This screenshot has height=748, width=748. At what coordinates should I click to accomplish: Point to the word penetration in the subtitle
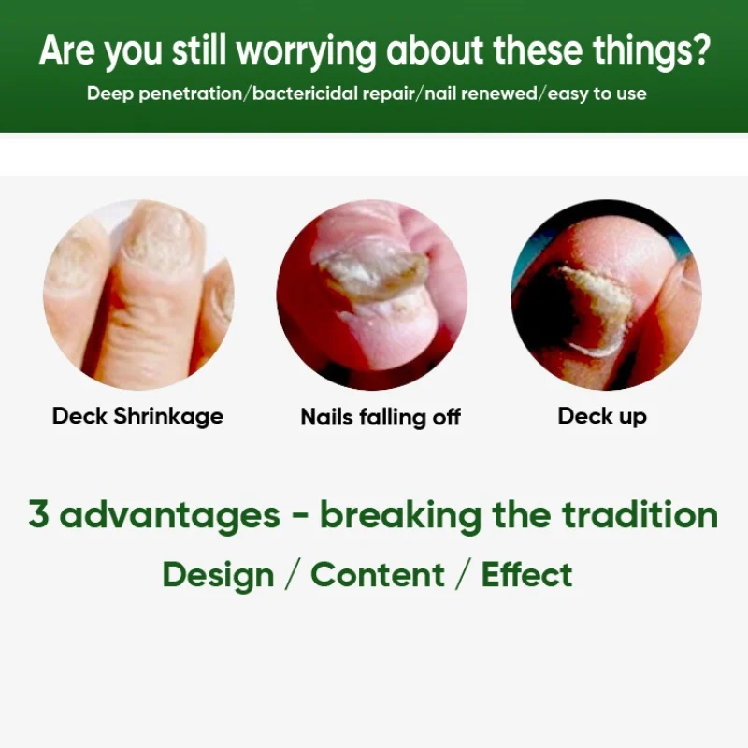191,93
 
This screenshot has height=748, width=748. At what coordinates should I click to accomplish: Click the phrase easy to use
597,94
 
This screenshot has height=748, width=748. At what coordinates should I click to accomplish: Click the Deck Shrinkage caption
137,416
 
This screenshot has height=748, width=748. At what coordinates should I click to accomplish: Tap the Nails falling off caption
381,417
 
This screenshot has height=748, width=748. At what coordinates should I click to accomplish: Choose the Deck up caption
602,416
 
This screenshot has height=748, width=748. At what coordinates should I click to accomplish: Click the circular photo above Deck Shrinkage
138,295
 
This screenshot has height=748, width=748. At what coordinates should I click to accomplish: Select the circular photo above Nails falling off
372,295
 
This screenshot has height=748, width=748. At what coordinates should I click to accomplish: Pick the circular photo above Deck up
606,295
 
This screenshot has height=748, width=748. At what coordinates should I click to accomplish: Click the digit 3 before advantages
38,513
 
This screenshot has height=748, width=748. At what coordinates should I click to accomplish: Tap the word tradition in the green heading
640,514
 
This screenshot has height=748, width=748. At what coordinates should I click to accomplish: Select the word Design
219,576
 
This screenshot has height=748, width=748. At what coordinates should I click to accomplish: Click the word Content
378,575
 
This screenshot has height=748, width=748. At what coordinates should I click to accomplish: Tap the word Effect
527,574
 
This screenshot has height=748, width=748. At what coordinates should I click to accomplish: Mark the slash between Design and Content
293,575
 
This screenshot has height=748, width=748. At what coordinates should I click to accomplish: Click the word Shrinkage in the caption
168,416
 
